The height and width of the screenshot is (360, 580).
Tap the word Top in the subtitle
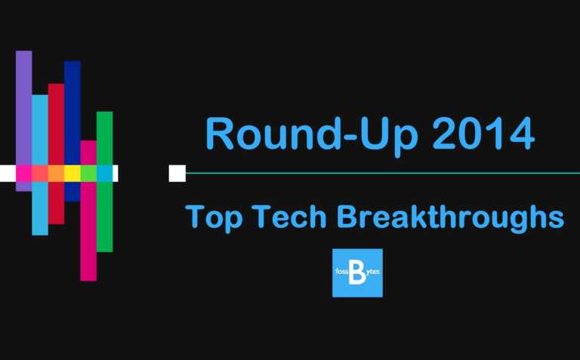click(214, 217)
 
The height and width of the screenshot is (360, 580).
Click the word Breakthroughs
click(449, 217)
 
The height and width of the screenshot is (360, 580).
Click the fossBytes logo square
click(357, 272)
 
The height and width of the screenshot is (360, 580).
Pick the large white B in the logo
click(357, 274)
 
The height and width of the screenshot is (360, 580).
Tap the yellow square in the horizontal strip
click(72, 173)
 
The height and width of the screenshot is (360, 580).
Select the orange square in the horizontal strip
click(56, 173)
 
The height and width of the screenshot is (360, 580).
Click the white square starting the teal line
click(177, 173)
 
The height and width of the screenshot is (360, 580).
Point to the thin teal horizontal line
click(378, 173)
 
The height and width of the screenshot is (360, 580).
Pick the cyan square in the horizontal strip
click(104, 173)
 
